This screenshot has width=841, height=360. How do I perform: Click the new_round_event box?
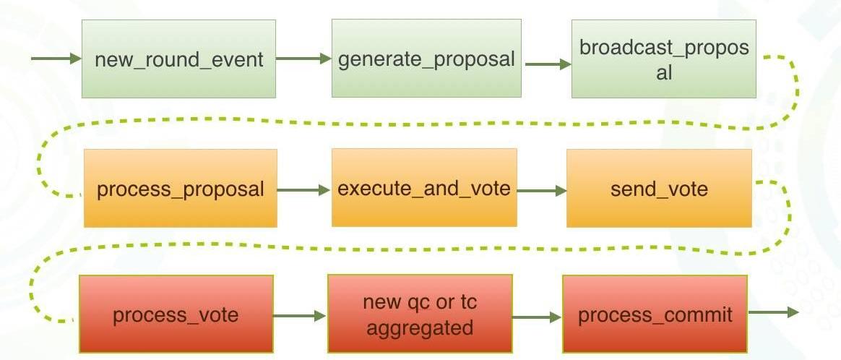(178, 59)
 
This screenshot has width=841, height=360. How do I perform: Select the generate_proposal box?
(426, 59)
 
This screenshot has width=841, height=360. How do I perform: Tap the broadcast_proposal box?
(663, 59)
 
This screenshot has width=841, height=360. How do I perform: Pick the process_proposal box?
(180, 189)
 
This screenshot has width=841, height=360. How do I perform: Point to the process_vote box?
(176, 314)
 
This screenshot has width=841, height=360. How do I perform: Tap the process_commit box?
(655, 314)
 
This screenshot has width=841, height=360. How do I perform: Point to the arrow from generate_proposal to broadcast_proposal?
(548, 64)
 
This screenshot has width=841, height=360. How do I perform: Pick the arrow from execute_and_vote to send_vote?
(542, 191)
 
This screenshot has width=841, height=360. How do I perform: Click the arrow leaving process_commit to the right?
(773, 312)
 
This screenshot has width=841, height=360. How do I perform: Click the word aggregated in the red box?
(420, 327)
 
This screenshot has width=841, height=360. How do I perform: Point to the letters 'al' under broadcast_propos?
(663, 72)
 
